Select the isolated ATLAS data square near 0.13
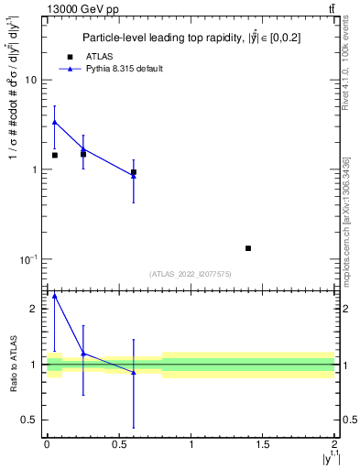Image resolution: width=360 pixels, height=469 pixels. (x=248, y=248)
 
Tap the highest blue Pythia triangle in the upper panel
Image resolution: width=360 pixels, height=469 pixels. (x=54, y=122)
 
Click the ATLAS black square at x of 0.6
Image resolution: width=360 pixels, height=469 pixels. (x=134, y=172)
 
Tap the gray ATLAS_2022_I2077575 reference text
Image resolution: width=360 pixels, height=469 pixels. (x=191, y=274)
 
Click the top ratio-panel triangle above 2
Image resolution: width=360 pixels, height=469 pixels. (x=54, y=296)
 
